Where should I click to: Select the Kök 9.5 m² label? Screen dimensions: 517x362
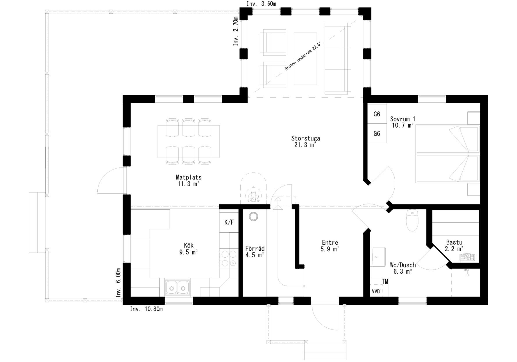coord(189,249)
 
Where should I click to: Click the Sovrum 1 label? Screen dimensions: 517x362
coord(403,119)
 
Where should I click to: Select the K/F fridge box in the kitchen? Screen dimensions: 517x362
coord(229,222)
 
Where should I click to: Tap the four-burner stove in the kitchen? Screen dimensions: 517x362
coord(229,258)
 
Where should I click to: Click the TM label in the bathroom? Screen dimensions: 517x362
coord(385,281)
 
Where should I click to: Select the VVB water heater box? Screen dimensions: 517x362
coord(376,291)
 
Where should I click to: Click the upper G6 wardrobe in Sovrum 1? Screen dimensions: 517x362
coord(377,114)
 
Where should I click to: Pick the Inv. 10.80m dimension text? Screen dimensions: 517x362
coord(146,309)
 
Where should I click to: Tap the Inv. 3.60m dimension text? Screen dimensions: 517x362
coord(261,3)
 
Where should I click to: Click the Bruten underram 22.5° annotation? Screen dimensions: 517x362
coord(303,56)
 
